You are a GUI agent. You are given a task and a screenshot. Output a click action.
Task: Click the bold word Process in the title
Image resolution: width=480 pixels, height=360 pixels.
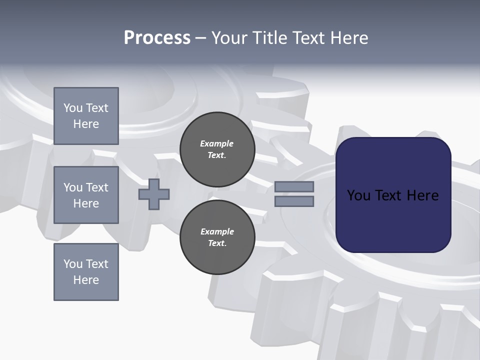pos(157,38)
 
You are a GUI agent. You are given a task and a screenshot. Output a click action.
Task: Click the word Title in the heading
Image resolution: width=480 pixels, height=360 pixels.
pos(269,38)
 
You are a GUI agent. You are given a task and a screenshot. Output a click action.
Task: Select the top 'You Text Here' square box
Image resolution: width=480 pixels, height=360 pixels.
pos(86,116)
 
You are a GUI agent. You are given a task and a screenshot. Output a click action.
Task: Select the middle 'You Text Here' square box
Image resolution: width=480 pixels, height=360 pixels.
pos(86,195)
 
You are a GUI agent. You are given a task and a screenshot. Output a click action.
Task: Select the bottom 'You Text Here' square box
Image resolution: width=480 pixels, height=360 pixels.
pos(86,272)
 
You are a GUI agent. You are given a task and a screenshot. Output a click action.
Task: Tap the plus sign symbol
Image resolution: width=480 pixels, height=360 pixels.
pos(154,194)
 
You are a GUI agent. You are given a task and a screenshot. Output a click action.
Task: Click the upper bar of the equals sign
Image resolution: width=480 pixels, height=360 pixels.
pos(294,186)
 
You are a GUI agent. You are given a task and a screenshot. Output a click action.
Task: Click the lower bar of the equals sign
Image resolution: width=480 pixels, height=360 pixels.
pos(294,201)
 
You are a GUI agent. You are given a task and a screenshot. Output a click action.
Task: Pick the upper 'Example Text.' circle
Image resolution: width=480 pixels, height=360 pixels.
pos(217,149)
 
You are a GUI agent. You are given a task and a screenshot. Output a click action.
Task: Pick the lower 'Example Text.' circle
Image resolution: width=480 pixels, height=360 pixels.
pos(217,237)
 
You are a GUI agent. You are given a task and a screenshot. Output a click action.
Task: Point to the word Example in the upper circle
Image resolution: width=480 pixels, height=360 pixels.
pos(217,143)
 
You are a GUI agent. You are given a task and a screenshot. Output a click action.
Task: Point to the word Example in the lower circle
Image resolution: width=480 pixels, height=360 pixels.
pos(217,231)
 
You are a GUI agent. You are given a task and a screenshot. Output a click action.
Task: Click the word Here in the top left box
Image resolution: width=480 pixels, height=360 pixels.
pos(86,124)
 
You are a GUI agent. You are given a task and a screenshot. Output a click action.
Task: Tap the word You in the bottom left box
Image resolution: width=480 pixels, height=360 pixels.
pos(73,264)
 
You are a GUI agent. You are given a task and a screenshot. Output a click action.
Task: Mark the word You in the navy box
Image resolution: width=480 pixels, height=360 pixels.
pos(358,195)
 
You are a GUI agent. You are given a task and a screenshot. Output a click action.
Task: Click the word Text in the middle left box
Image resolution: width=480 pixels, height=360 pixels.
pos(96,187)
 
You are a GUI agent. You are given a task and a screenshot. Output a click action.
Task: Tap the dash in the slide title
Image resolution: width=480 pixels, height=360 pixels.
pos(201,38)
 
